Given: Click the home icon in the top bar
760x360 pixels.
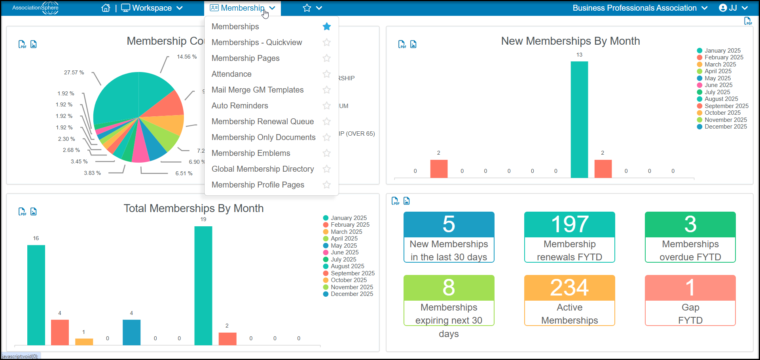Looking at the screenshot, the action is pyautogui.click(x=106, y=8).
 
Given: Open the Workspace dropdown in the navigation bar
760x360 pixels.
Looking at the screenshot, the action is pyautogui.click(x=152, y=8).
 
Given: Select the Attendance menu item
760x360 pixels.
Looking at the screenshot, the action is pyautogui.click(x=231, y=74).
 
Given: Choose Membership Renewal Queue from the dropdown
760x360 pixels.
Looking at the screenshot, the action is pyautogui.click(x=263, y=121).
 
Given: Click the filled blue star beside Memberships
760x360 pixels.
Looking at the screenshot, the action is pyautogui.click(x=327, y=27).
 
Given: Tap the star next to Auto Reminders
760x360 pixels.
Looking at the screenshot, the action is pyautogui.click(x=327, y=106).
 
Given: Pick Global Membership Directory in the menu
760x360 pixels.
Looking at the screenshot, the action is pyautogui.click(x=263, y=169).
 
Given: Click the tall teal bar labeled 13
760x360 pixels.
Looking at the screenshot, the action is pyautogui.click(x=579, y=119).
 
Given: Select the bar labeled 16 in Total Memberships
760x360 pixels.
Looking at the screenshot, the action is pyautogui.click(x=36, y=295).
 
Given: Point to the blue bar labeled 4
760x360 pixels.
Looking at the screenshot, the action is pyautogui.click(x=131, y=332).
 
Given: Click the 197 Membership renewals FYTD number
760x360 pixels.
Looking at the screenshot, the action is pyautogui.click(x=570, y=224).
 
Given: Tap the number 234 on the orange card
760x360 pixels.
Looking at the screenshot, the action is pyautogui.click(x=570, y=288).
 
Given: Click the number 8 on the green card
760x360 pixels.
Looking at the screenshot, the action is pyautogui.click(x=449, y=288).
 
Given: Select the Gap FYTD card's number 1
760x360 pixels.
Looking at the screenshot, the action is pyautogui.click(x=690, y=288).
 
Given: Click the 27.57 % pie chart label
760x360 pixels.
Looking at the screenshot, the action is pyautogui.click(x=74, y=72).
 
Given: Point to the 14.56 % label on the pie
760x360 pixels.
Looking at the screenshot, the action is pyautogui.click(x=187, y=57).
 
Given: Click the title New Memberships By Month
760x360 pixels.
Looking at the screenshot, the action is pyautogui.click(x=570, y=41).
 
